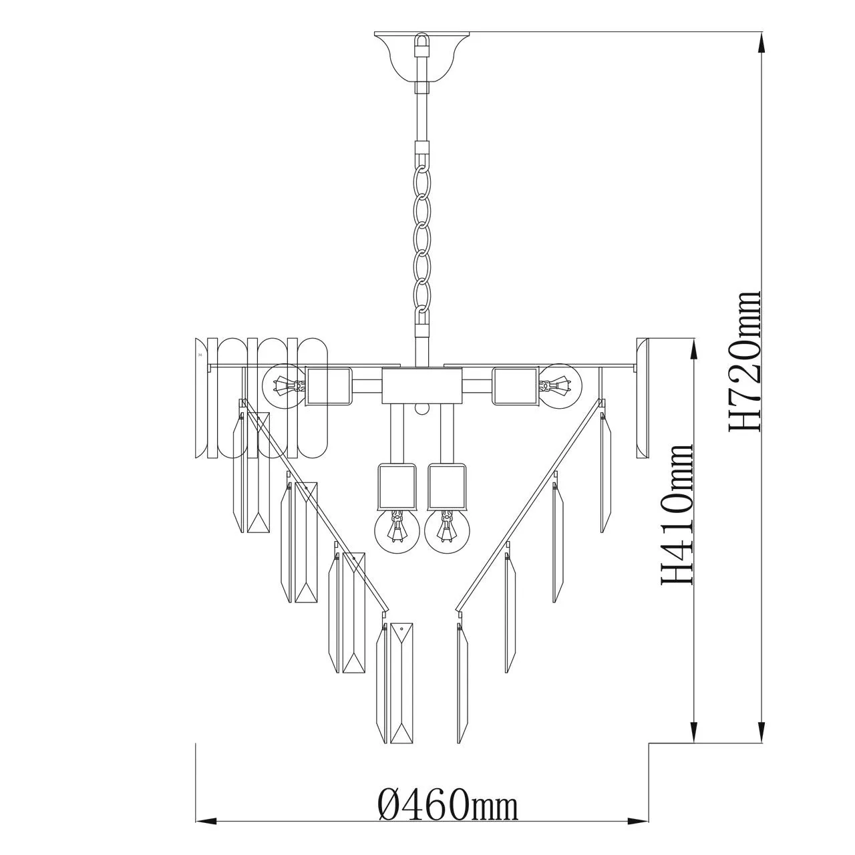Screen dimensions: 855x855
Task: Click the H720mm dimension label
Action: coord(745,361)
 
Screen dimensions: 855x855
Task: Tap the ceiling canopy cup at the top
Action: coord(422,57)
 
